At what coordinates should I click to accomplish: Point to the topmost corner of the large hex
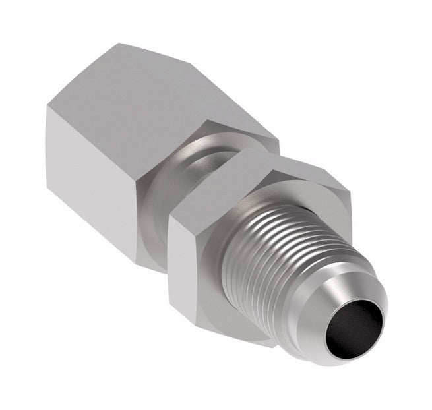click(x=119, y=44)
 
